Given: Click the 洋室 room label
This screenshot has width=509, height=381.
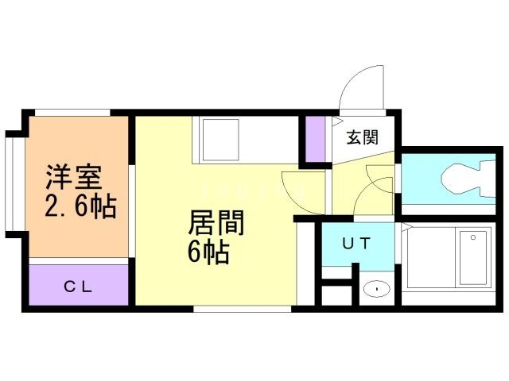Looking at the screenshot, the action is pos(74,177).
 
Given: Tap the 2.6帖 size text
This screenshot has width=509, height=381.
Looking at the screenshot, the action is pos(80,206).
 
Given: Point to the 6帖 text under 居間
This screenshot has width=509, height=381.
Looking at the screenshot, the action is pos(208,252).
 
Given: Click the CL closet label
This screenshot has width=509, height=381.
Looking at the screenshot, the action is pos(78,287).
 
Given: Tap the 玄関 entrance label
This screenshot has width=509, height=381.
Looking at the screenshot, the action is pos(363,137).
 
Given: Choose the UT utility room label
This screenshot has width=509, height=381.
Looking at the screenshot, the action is pos(356,244).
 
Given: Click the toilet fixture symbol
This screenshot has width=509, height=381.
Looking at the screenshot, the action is pos(468,179).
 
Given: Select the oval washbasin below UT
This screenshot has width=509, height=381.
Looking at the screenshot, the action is pos(376,288).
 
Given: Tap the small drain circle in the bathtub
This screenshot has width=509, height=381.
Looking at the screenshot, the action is pos(473,237).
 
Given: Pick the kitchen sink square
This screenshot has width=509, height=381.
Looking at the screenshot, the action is pos(221,140).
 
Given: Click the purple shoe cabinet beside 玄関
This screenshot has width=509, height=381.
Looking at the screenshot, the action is pos(316,139).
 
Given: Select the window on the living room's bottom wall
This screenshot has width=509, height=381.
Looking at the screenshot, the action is pos(243,309).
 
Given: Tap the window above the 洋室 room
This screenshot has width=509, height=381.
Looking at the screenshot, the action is pos(72,113).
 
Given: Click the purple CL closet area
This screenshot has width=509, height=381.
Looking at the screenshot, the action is pos(79,285).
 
